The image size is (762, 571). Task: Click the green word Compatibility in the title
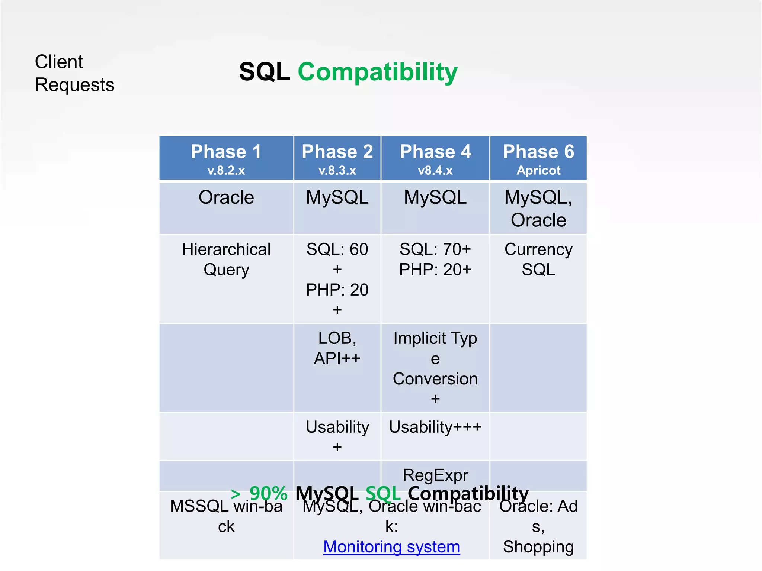[377, 72]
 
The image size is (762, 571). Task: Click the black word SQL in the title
[265, 72]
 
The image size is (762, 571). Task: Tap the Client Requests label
[74, 73]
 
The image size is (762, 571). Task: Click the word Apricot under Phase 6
[538, 171]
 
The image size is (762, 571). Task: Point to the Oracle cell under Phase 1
[226, 197]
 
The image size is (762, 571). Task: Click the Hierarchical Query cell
[226, 259]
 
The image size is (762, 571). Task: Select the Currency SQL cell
[538, 259]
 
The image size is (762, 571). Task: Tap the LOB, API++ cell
[337, 348]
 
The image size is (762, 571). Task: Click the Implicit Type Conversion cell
[435, 368]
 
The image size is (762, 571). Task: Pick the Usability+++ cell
[435, 427]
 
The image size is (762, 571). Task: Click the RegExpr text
[435, 475]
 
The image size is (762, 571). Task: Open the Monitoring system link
[391, 547]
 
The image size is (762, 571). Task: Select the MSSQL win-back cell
[226, 516]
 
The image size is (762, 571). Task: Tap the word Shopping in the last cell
[538, 547]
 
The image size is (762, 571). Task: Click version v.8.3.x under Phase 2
[337, 171]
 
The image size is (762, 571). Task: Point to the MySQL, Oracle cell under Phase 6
[538, 209]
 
